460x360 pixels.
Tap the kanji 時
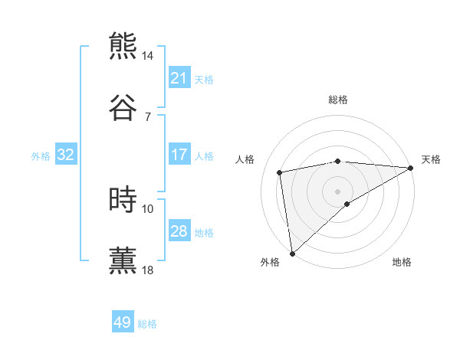point(123,199)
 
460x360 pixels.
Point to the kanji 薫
point(123,259)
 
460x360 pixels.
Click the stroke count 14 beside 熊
point(148,57)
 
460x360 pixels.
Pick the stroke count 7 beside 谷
point(148,116)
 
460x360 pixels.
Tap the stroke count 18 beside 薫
point(148,270)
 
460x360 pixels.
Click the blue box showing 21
point(179,78)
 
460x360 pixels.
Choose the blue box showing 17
point(179,155)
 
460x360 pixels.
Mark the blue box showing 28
point(179,231)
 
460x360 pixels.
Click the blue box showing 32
point(66,155)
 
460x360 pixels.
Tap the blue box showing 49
point(123,322)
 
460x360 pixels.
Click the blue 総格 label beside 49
point(147,324)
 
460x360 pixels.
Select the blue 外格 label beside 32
point(41,156)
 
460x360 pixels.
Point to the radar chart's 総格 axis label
point(338,100)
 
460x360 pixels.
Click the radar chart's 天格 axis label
point(431,159)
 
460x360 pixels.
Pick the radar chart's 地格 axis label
point(402,262)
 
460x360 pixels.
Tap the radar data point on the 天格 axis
point(411,168)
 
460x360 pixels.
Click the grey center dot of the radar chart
point(338,191)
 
